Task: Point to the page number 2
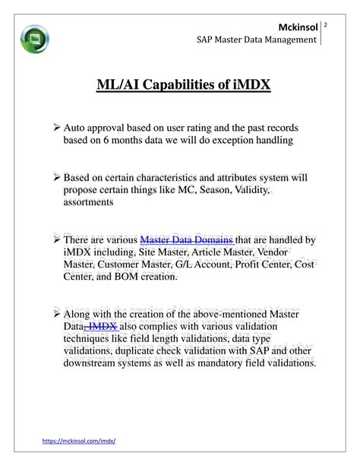tap(325, 26)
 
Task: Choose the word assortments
tap(88, 202)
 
